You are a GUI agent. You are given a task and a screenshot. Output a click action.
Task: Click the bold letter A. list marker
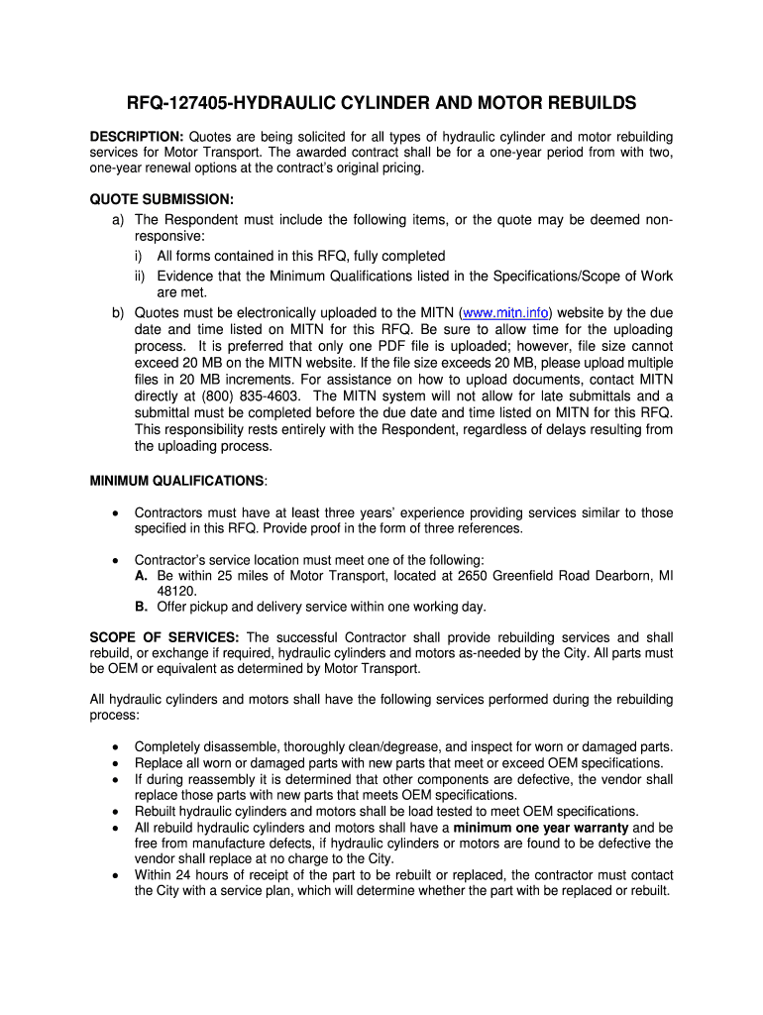[142, 576]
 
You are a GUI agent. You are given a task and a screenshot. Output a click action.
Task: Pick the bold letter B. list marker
[142, 608]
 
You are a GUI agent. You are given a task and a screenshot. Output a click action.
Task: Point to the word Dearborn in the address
[619, 576]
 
